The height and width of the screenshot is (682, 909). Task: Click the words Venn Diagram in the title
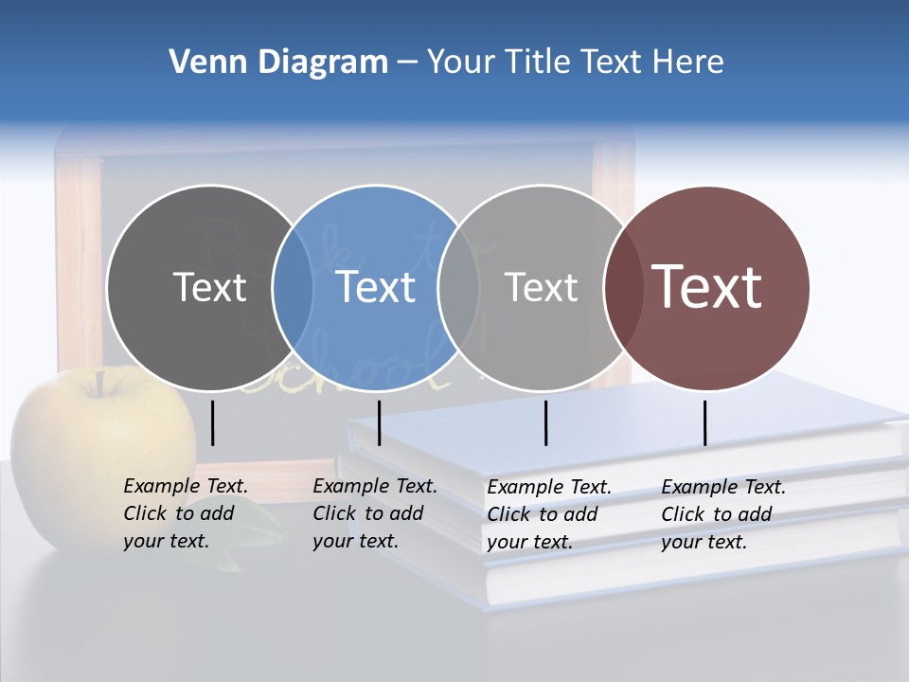point(278,63)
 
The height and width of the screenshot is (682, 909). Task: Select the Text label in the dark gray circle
point(209,287)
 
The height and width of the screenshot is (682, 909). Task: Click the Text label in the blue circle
point(375,287)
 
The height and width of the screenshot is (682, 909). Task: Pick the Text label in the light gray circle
point(541,287)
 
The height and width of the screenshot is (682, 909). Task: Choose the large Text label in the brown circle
point(706,286)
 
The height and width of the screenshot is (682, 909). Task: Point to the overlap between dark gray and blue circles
point(293,288)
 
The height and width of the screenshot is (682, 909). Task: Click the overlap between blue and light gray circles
point(458,288)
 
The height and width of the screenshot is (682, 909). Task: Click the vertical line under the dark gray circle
point(213,422)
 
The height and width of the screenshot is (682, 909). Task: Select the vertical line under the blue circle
point(379,422)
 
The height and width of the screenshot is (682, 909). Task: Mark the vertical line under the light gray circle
point(546,422)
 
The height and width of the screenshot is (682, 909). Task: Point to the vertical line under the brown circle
point(705,422)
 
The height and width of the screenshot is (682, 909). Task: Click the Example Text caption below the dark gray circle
point(185,513)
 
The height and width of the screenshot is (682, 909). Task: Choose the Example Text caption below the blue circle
point(374,513)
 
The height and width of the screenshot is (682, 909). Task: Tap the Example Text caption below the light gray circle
point(548,514)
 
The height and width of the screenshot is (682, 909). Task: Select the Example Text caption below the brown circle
point(722,514)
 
